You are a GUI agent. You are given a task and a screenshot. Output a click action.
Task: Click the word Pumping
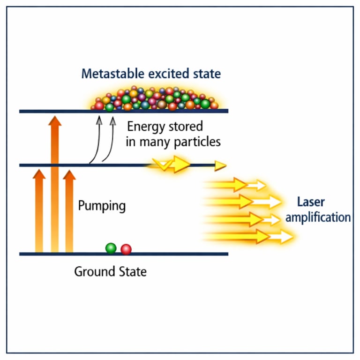click(102, 206)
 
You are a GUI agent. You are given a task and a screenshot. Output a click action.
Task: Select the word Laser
click(311, 202)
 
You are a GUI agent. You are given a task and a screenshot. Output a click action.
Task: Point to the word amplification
click(318, 217)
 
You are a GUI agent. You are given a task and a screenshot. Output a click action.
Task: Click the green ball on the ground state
click(111, 248)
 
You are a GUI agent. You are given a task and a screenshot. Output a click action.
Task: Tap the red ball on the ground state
click(126, 249)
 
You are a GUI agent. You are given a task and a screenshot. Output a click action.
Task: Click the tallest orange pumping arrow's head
click(55, 121)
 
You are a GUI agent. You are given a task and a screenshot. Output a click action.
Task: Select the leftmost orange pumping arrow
click(39, 211)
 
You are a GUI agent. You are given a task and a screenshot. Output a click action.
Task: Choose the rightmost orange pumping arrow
click(69, 211)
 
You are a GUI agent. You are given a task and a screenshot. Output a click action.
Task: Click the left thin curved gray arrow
click(97, 141)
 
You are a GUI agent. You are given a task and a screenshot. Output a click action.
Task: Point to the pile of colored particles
click(155, 99)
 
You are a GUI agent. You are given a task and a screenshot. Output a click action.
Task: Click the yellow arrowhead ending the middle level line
click(220, 165)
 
